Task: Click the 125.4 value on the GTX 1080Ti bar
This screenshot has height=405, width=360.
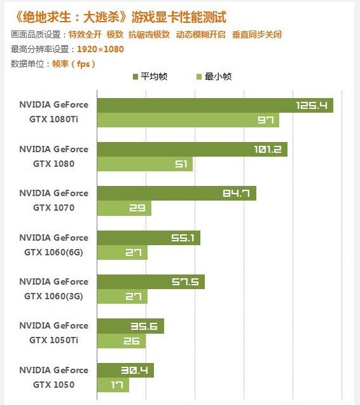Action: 311,105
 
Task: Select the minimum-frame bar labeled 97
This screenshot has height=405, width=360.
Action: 188,120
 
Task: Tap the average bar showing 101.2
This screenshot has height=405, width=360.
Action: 192,150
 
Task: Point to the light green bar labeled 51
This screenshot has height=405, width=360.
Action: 144,164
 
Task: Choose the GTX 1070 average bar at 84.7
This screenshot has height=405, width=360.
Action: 176,194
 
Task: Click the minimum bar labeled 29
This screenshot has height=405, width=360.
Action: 124,208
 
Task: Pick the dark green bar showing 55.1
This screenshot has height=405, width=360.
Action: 148,238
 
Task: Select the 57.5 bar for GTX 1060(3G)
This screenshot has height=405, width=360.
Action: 151,282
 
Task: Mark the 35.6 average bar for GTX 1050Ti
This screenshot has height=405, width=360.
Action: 130,326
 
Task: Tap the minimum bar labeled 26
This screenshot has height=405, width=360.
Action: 121,341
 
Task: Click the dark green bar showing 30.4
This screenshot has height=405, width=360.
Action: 125,370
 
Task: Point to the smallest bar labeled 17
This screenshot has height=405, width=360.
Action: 113,385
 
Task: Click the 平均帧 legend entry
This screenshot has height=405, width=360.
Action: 153,76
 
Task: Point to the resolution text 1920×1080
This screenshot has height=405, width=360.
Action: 100,49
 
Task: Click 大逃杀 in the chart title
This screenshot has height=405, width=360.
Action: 104,17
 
